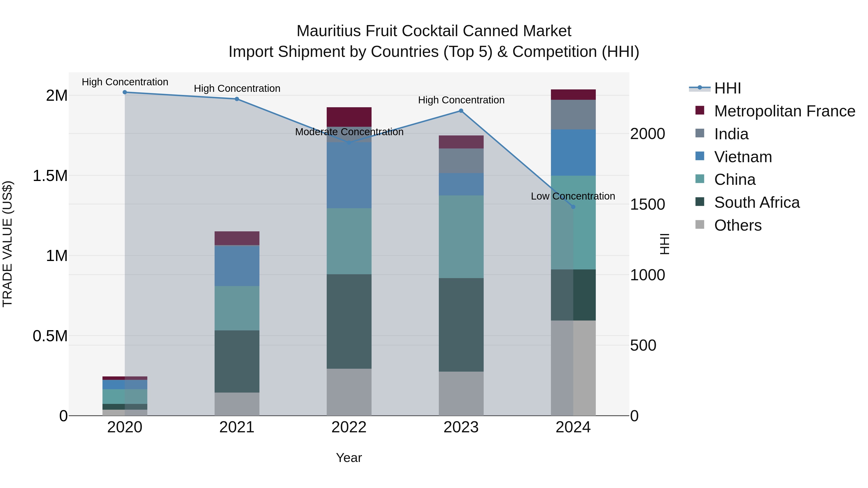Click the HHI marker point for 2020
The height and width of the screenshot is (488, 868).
tap(125, 92)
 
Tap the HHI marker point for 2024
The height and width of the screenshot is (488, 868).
tap(573, 207)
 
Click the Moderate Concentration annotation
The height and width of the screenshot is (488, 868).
tap(349, 132)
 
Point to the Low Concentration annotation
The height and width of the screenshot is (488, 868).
tap(573, 196)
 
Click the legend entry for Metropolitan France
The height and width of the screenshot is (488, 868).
tap(784, 111)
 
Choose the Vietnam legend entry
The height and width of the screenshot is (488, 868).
tap(743, 157)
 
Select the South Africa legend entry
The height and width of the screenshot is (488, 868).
tap(757, 202)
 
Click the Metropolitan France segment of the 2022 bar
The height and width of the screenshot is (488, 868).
tap(349, 117)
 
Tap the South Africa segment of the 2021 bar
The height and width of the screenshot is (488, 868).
tap(237, 361)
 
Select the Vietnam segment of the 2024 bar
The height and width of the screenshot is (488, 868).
tap(573, 153)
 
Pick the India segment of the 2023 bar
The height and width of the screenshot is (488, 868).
tap(461, 161)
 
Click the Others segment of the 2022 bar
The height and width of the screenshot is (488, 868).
tap(349, 392)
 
